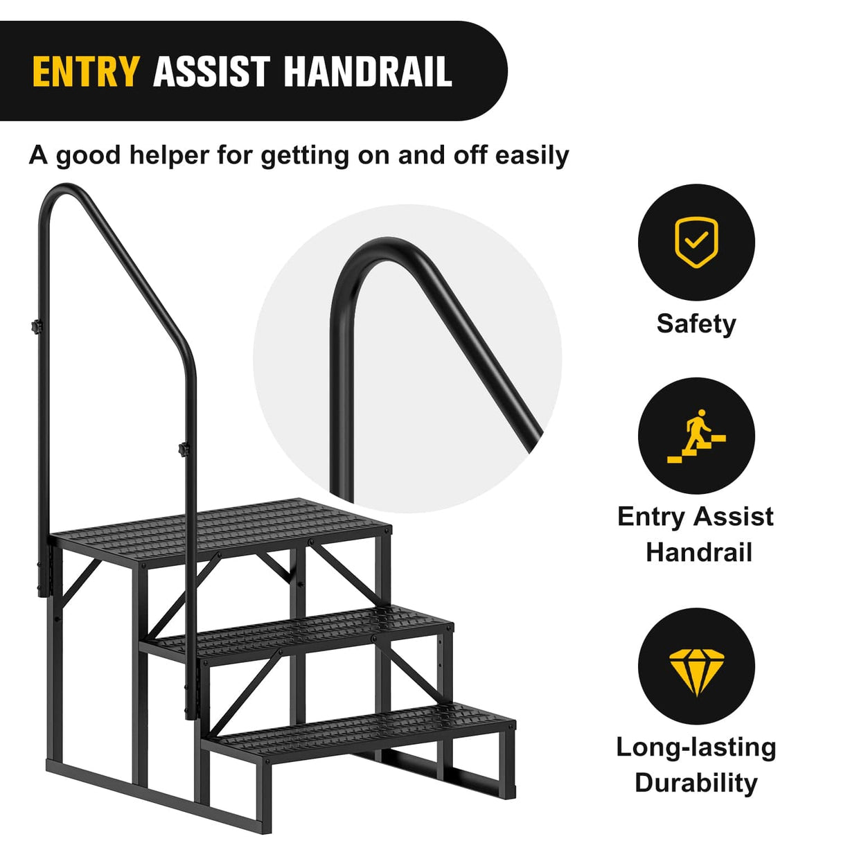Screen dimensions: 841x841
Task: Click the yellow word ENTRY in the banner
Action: pyautogui.click(x=85, y=72)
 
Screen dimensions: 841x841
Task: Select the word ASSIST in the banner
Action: pyautogui.click(x=211, y=72)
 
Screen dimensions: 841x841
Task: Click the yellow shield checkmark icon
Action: pyautogui.click(x=696, y=242)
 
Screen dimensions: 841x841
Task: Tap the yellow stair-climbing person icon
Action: pyautogui.click(x=696, y=436)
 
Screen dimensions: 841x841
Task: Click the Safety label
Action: pyautogui.click(x=696, y=324)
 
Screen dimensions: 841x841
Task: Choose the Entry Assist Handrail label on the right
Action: pyautogui.click(x=696, y=534)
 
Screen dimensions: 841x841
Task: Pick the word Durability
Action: pyautogui.click(x=696, y=783)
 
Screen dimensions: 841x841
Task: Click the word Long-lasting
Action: pyautogui.click(x=696, y=747)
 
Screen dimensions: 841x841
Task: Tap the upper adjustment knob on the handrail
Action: pyautogui.click(x=35, y=326)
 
